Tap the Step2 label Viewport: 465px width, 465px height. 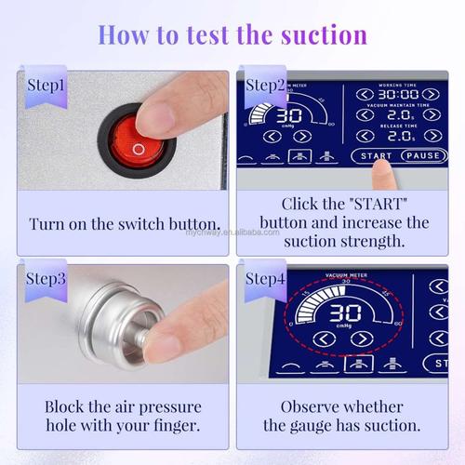pos(263,86)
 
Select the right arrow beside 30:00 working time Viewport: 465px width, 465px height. pos(431,94)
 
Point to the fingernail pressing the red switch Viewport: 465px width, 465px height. pos(149,116)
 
